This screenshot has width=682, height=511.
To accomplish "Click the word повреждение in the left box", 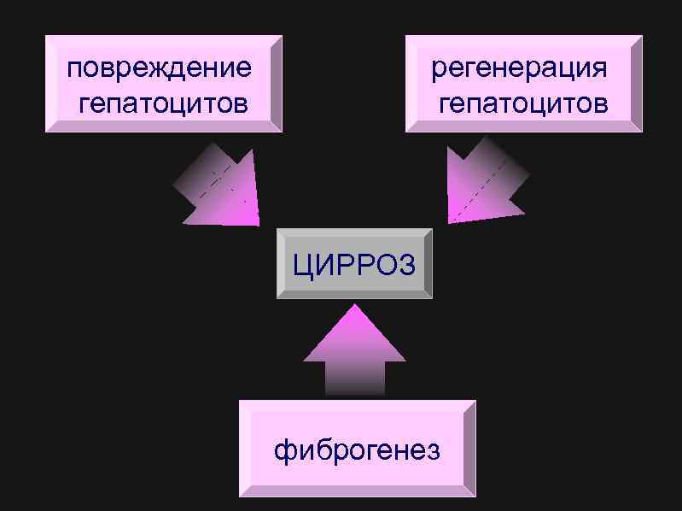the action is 160,68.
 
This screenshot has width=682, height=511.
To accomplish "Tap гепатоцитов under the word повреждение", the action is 163,104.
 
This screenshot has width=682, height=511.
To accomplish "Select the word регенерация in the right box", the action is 519,68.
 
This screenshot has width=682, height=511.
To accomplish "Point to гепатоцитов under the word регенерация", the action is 523,104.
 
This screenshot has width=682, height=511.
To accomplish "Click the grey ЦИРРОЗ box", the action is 354,263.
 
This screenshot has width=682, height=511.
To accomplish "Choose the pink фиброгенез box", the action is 357,449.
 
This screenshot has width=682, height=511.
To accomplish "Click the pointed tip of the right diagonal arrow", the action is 450,222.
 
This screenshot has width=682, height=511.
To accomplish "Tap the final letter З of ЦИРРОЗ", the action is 407,265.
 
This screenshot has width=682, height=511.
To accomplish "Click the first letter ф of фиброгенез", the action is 283,450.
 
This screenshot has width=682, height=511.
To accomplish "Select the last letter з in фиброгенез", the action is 434,450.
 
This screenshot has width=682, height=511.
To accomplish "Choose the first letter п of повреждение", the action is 75,68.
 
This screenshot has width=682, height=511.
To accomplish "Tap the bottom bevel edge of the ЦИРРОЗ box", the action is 354,294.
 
